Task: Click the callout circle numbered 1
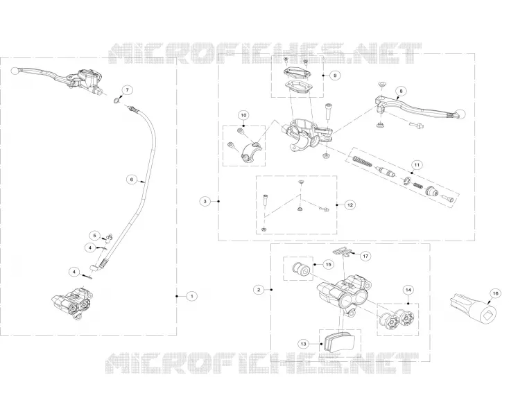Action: point(192,296)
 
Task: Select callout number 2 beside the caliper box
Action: point(259,289)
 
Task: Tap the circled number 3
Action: point(205,202)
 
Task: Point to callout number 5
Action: point(95,235)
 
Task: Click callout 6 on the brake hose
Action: point(132,179)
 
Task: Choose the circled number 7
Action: point(128,89)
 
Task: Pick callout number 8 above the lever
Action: point(401,92)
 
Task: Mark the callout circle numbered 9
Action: point(335,76)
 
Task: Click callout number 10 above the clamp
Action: point(244,115)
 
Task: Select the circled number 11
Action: point(417,165)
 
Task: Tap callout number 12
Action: point(350,205)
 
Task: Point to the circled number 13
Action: point(304,344)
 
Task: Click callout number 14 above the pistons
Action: point(408,289)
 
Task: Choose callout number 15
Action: point(328,264)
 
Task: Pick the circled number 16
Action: point(495,294)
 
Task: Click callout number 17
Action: point(365,256)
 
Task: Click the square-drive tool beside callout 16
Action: point(474,309)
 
